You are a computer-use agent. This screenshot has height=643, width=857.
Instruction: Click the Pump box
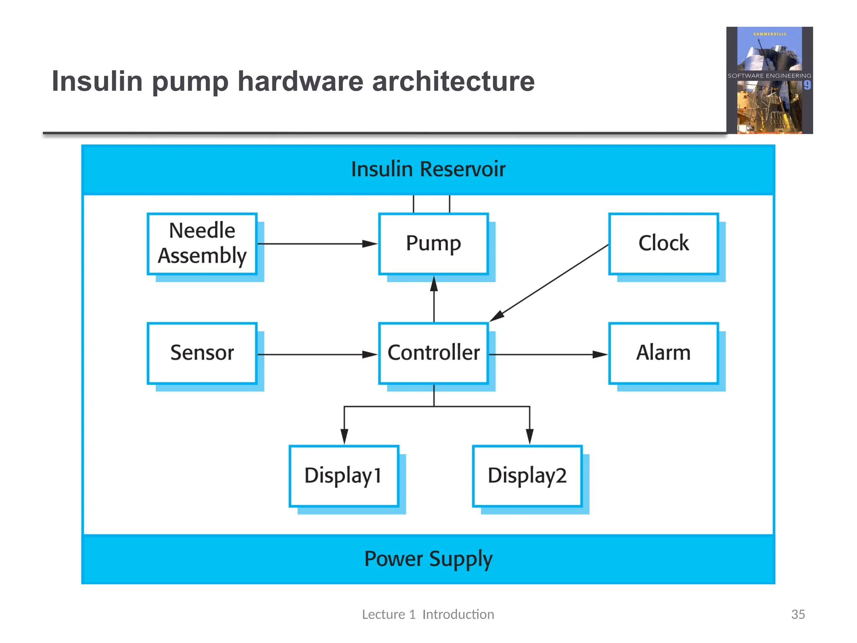point(433,244)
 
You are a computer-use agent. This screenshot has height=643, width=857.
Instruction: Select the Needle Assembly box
point(202,244)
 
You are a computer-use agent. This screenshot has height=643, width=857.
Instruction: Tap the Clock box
point(663,244)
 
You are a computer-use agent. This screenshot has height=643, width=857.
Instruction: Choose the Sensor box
point(202,353)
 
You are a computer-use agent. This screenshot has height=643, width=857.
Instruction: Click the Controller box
point(433,353)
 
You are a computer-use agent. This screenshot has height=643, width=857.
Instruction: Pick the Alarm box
point(663,353)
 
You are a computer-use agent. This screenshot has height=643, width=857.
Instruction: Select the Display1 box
point(344,476)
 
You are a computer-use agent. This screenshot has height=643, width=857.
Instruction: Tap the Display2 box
point(527,476)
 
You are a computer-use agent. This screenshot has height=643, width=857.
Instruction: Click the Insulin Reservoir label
point(428,170)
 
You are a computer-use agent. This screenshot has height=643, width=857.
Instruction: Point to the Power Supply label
point(428,559)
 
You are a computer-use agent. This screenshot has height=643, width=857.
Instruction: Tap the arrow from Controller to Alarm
point(548,355)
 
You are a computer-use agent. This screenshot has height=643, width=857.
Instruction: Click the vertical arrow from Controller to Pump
point(434,299)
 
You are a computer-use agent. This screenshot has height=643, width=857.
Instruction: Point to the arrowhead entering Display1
point(344,436)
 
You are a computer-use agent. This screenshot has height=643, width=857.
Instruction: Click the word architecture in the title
point(453,81)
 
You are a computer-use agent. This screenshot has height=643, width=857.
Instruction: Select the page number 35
point(798,614)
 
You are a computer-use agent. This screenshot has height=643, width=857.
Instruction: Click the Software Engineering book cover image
point(769,80)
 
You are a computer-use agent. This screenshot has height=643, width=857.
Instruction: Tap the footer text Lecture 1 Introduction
point(428,614)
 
